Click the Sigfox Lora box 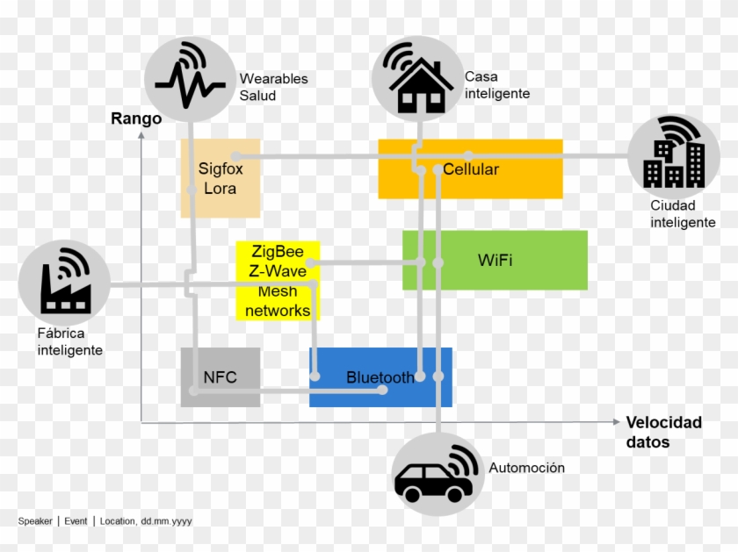[x=220, y=178]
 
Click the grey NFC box [x=221, y=377]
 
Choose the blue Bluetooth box [x=380, y=377]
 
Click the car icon [x=437, y=474]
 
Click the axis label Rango [x=136, y=118]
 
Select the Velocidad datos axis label [x=663, y=432]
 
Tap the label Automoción [x=526, y=468]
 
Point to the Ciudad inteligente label [x=683, y=214]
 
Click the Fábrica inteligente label [x=69, y=341]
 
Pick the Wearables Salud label [x=273, y=87]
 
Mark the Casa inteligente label [x=496, y=85]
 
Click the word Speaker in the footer [x=35, y=521]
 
